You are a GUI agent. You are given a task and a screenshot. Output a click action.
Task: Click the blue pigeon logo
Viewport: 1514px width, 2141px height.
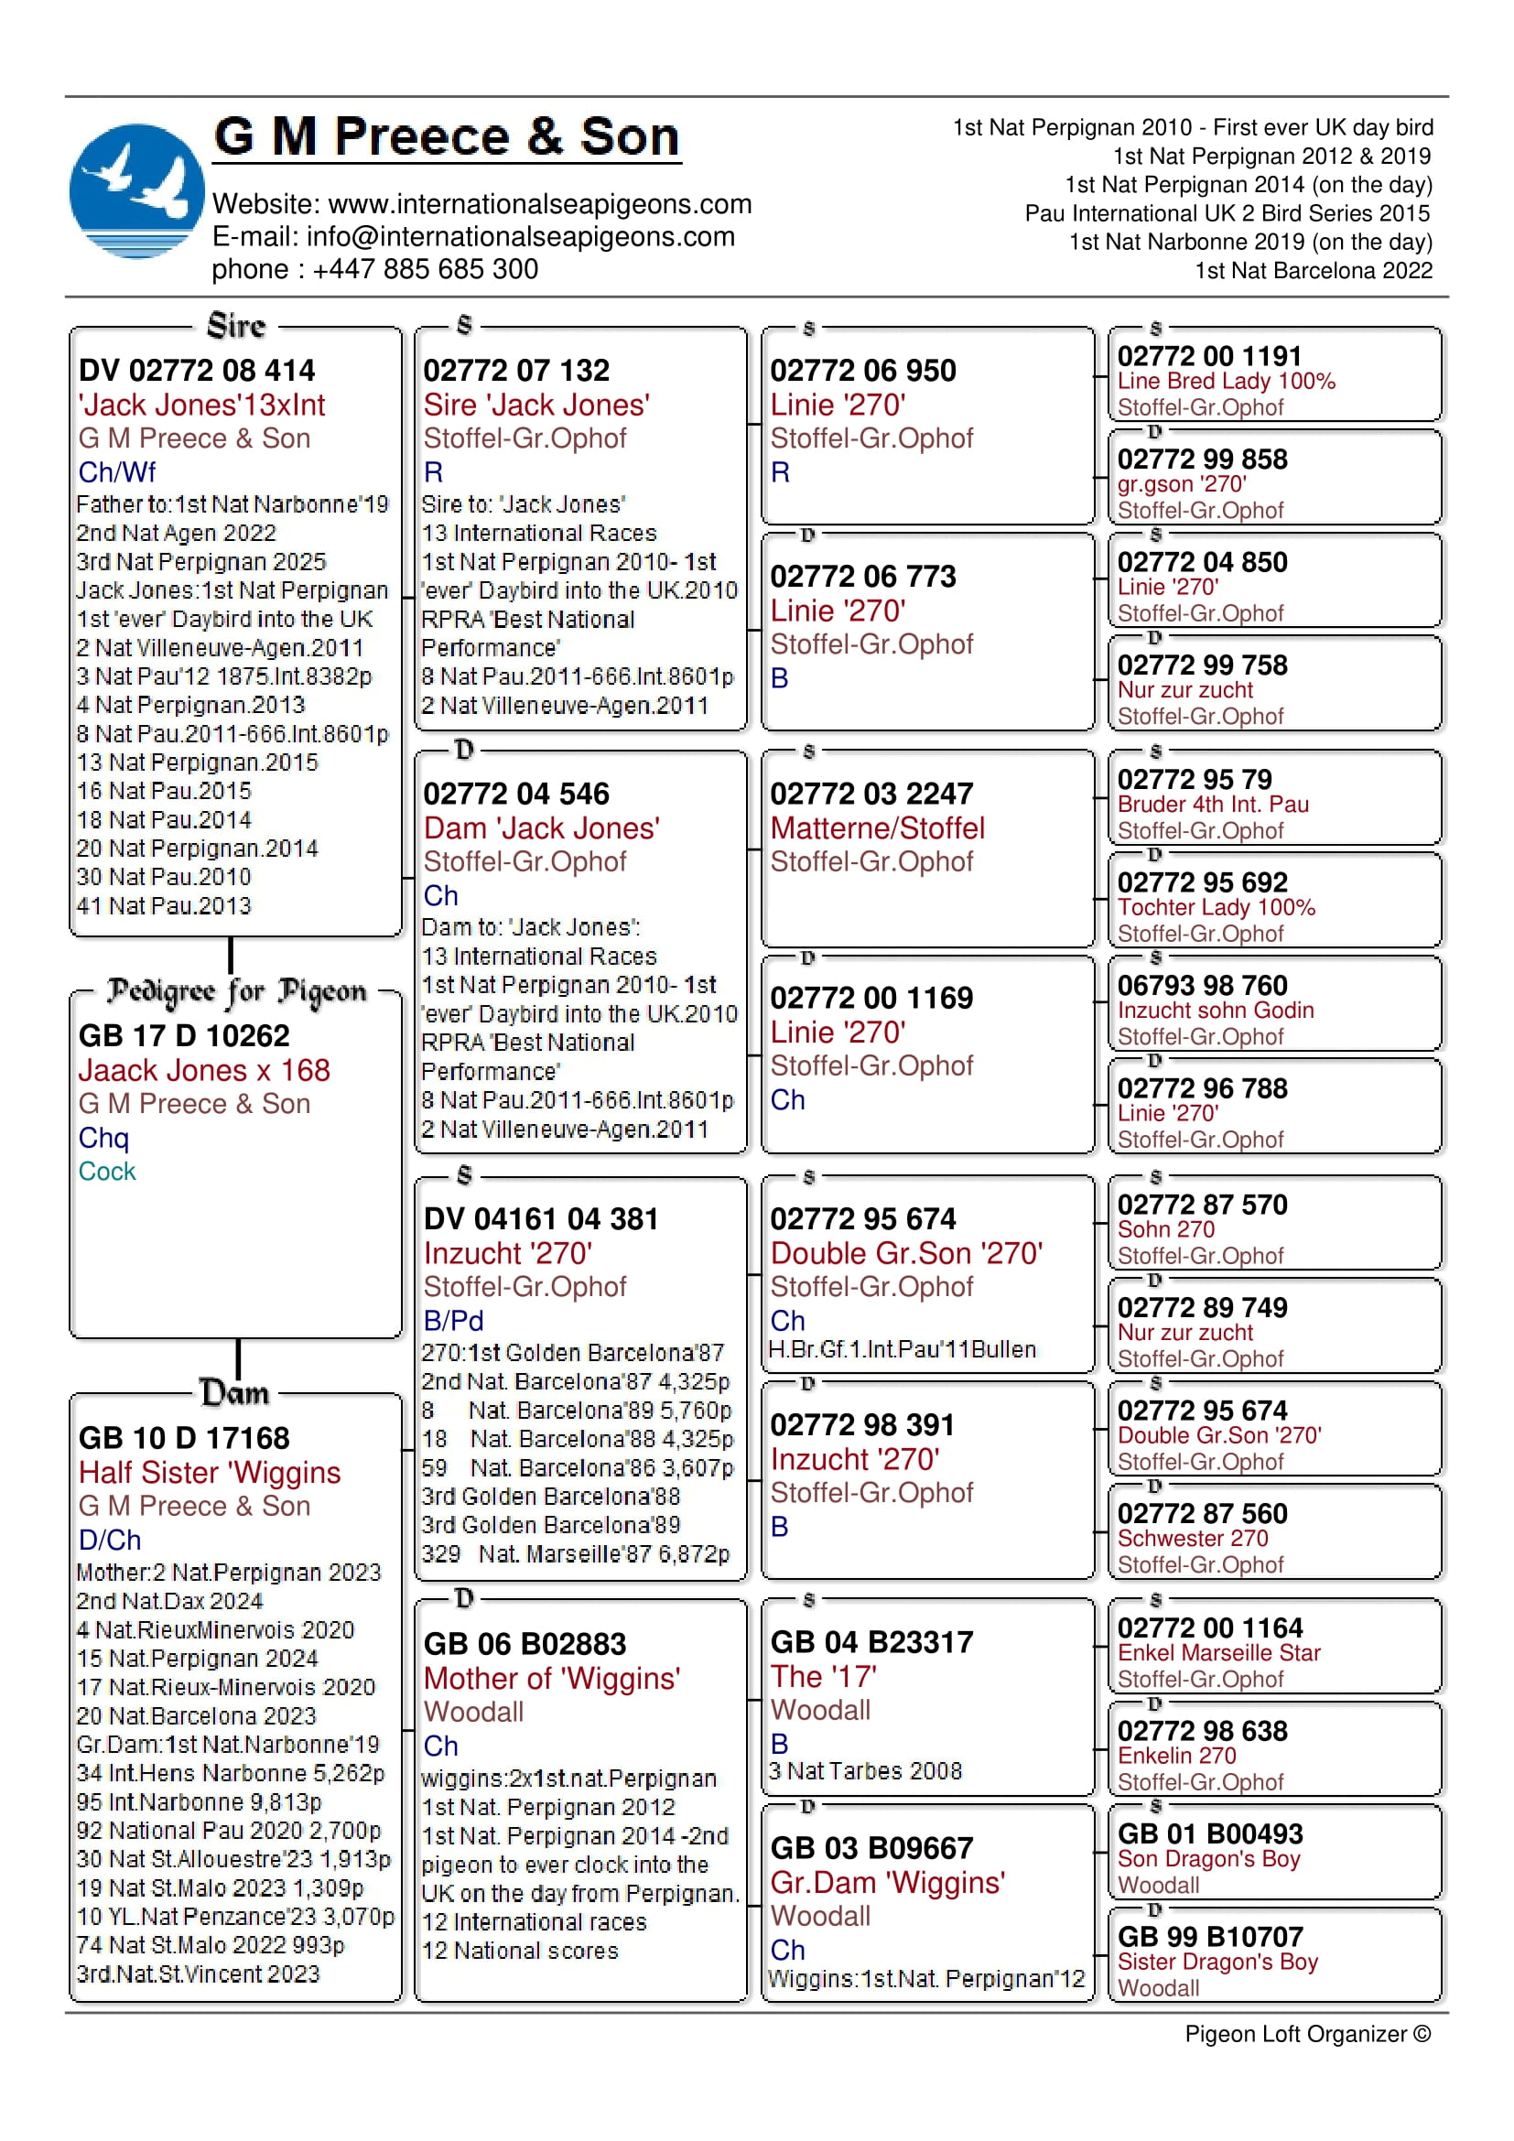click(x=136, y=190)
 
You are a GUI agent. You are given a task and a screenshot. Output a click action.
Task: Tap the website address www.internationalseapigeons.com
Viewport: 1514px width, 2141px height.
click(x=540, y=204)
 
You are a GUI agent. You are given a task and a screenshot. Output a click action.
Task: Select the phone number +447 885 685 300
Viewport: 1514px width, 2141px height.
click(x=425, y=269)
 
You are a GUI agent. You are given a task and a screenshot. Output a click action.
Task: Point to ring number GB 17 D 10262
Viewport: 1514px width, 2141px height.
click(x=184, y=1035)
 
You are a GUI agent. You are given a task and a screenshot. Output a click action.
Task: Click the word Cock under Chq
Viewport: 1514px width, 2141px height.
click(x=106, y=1172)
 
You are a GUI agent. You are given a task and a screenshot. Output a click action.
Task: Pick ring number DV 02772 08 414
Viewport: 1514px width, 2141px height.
click(x=197, y=370)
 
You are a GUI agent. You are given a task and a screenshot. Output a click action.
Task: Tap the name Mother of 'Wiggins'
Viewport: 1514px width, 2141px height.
click(x=551, y=1679)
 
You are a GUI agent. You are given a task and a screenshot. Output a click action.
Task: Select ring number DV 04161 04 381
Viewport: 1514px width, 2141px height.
click(x=541, y=1218)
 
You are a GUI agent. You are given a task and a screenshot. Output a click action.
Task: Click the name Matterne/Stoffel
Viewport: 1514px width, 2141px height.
click(x=876, y=828)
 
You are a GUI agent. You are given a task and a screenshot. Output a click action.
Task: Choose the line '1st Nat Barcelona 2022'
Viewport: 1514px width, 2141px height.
click(x=1313, y=270)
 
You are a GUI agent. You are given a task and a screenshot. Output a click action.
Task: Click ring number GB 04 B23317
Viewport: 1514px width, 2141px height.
click(x=871, y=1642)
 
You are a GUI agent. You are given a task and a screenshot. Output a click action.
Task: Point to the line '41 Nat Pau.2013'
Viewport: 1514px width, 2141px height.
click(x=163, y=905)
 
